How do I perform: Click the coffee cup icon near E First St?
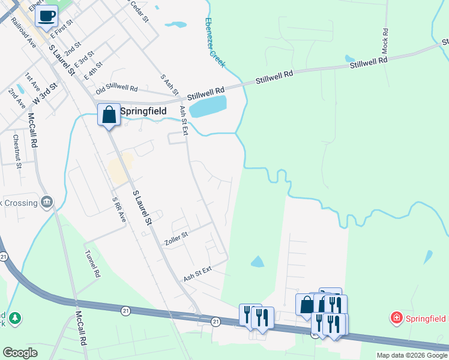coord(46,16)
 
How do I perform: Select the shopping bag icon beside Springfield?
coord(109,114)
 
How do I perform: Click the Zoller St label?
coord(176,238)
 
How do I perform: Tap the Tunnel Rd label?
coord(92,263)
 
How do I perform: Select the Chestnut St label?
coord(17,151)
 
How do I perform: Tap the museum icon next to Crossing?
coord(47,202)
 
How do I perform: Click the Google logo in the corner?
coord(20,353)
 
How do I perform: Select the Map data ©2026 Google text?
coord(412,355)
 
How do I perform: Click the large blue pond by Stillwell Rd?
coord(208,106)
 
